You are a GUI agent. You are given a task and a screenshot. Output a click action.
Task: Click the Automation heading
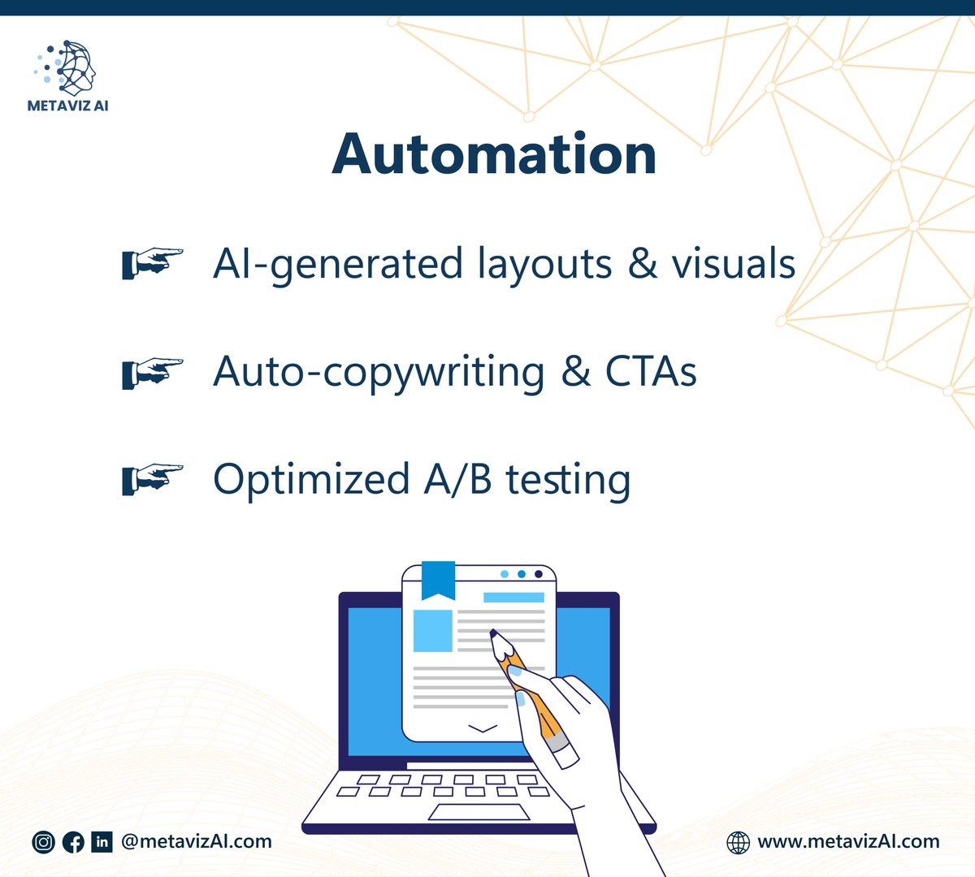(x=494, y=154)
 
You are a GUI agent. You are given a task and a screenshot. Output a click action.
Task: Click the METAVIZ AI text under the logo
(x=68, y=106)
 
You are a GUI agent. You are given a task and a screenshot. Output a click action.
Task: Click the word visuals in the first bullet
(x=733, y=264)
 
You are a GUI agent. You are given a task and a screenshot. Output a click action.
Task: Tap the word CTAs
(x=651, y=372)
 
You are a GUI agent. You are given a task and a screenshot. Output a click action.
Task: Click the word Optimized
(x=311, y=479)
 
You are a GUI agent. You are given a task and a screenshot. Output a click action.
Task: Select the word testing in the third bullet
(x=568, y=479)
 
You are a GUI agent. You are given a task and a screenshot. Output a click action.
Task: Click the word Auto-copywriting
(x=379, y=372)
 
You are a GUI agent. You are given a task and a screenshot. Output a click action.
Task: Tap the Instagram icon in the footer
(x=43, y=842)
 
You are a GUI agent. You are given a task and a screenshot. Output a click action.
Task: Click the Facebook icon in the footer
(x=73, y=842)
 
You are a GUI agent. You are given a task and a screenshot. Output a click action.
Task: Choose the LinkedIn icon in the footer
(x=102, y=842)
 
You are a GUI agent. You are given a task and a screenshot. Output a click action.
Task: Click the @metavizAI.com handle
(x=196, y=841)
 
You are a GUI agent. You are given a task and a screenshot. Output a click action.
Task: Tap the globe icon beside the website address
(x=738, y=842)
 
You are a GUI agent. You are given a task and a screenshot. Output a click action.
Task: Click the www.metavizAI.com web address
(x=848, y=841)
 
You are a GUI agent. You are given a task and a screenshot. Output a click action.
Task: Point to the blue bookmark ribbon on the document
(x=438, y=577)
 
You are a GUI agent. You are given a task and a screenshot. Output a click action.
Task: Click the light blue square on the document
(x=433, y=630)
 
